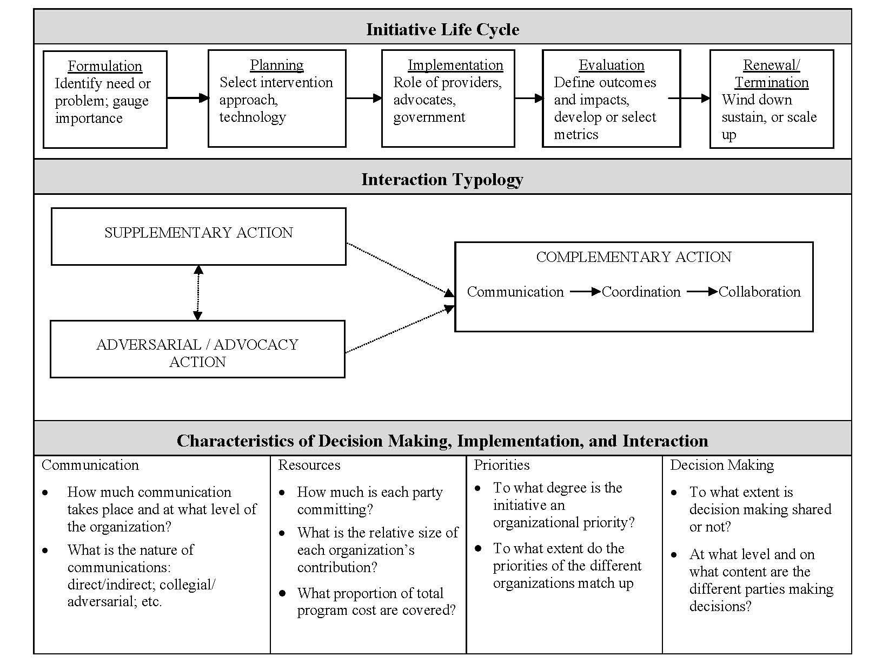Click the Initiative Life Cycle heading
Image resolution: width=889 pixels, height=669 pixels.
click(x=442, y=29)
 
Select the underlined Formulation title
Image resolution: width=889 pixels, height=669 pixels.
click(x=105, y=66)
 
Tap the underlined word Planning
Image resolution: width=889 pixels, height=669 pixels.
click(x=276, y=65)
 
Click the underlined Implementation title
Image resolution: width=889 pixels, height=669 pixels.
click(x=455, y=65)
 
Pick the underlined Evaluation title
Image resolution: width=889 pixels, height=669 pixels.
click(x=611, y=65)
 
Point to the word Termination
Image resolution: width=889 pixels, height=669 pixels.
click(x=771, y=82)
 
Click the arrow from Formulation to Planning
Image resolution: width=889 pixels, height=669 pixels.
click(x=188, y=98)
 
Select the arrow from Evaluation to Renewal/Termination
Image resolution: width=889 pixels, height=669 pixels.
click(x=689, y=98)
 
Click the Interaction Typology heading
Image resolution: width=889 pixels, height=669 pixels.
click(x=442, y=179)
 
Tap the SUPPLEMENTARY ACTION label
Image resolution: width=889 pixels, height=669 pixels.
click(x=198, y=233)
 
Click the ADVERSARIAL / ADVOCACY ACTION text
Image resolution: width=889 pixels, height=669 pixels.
click(x=197, y=353)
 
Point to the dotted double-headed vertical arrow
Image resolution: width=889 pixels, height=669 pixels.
click(x=198, y=292)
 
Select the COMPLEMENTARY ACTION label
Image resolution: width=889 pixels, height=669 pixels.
click(x=633, y=257)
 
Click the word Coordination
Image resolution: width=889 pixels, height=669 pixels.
click(x=641, y=292)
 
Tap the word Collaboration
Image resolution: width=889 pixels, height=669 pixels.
click(x=759, y=292)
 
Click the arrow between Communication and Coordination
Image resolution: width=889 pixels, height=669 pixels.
click(x=585, y=292)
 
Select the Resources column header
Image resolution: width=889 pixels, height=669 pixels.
click(x=309, y=465)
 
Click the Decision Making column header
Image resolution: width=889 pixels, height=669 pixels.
click(x=722, y=465)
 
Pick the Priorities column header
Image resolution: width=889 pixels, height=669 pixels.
click(x=502, y=465)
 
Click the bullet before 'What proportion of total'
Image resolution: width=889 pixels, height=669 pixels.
click(x=282, y=593)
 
